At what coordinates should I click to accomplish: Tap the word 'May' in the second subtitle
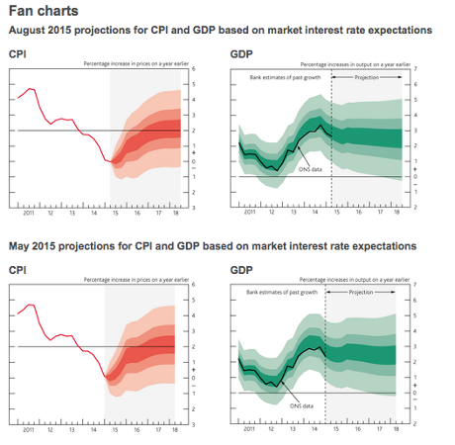click(20, 245)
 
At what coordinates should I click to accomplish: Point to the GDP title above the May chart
click(240, 268)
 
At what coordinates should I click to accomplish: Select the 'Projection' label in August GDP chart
click(367, 76)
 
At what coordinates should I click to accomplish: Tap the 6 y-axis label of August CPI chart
click(192, 68)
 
